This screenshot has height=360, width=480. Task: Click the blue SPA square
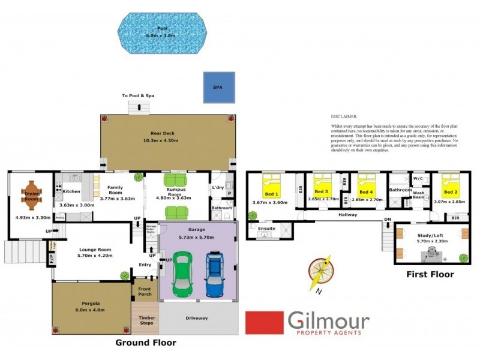click(218, 87)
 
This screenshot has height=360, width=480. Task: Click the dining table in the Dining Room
click(31, 194)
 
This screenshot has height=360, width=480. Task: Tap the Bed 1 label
click(271, 194)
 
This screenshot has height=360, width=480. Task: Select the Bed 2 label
click(450, 193)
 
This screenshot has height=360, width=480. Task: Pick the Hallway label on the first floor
click(347, 214)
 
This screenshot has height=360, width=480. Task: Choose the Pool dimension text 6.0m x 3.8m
click(162, 35)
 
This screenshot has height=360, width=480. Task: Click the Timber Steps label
click(146, 320)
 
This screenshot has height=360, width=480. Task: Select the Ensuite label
click(266, 228)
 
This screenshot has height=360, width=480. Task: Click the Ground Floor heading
click(146, 343)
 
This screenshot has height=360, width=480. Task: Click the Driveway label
click(197, 318)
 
